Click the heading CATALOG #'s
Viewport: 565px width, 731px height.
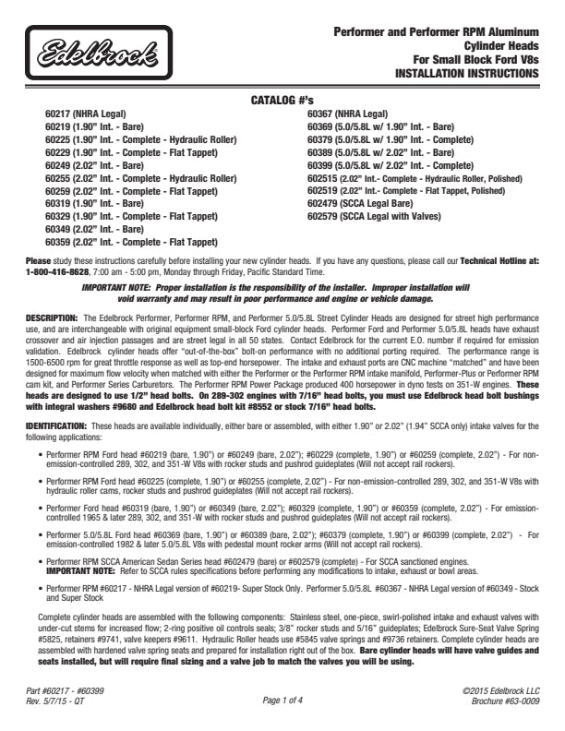coord(282,99)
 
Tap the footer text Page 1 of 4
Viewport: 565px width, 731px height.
coord(282,699)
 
